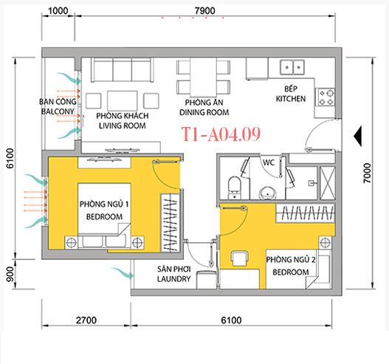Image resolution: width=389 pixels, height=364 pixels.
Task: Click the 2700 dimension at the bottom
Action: (86, 321)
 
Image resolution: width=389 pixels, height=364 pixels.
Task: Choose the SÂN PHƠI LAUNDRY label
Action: (174, 275)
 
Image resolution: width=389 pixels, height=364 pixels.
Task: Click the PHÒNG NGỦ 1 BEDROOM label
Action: (103, 210)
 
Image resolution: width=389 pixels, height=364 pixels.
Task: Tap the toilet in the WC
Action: (235, 185)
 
